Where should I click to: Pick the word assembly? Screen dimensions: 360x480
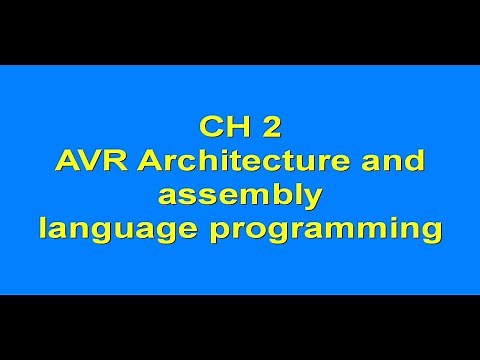pyautogui.click(x=240, y=196)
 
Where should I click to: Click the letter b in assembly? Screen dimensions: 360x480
pyautogui.click(x=285, y=194)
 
